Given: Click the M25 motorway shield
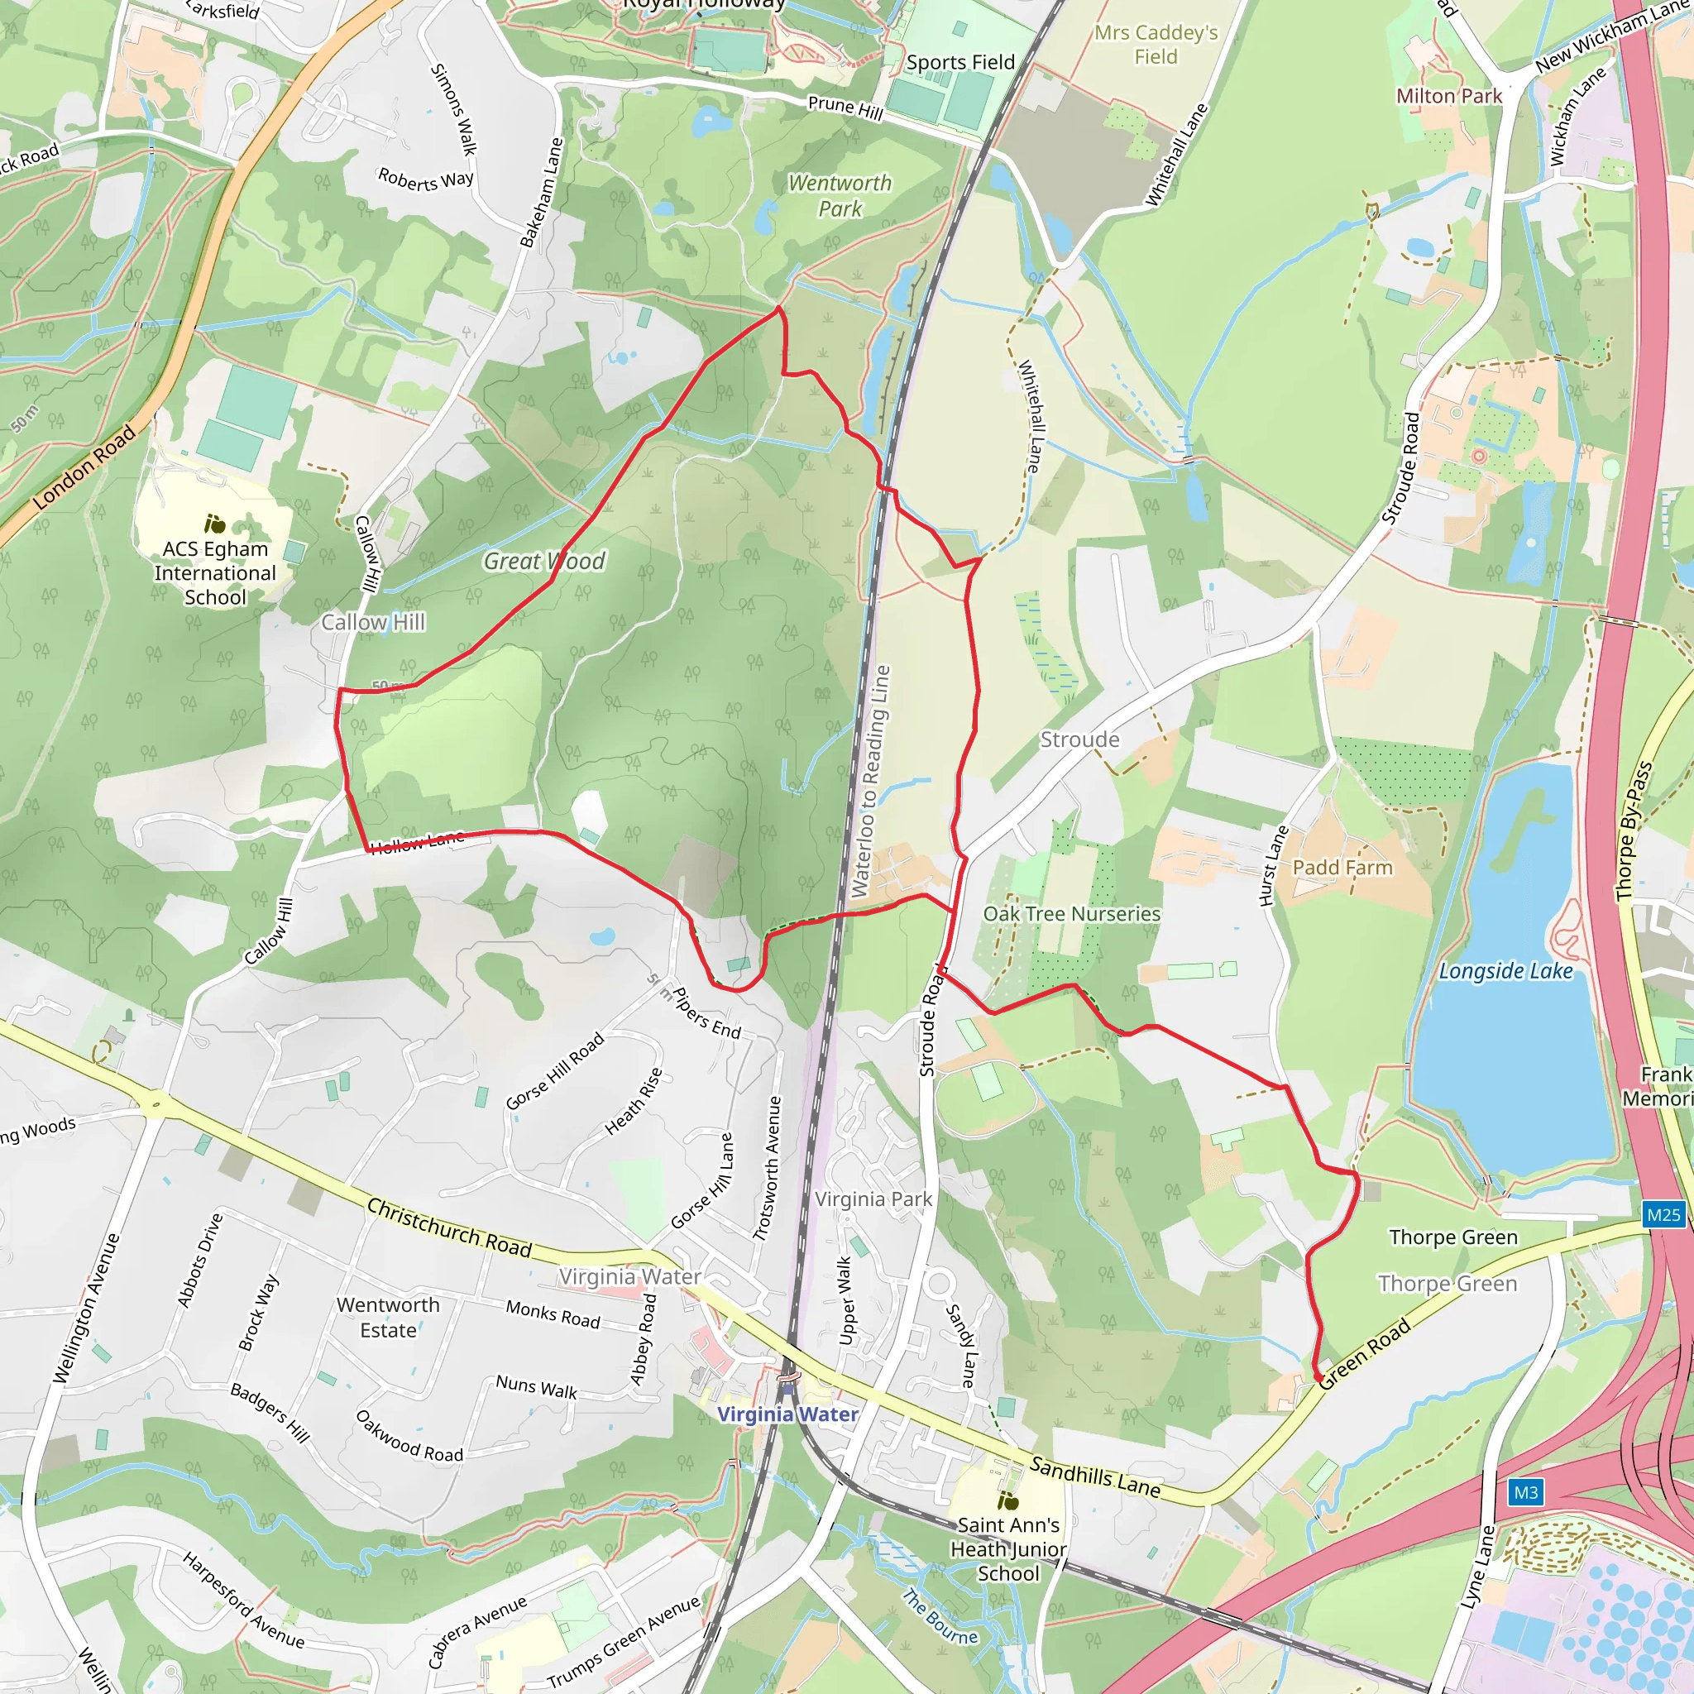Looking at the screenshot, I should [x=1663, y=1214].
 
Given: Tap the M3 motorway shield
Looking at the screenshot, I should [x=1525, y=1492].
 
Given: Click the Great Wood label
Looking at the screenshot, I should [x=543, y=561].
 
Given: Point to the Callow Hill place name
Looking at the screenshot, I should [x=373, y=623].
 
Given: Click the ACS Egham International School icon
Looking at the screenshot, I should [x=215, y=524].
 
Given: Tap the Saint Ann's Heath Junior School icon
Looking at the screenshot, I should [x=1008, y=1501].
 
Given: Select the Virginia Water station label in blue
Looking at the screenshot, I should [x=787, y=1414].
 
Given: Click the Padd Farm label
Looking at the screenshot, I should [x=1342, y=868].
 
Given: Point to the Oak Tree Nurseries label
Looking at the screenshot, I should [x=1071, y=914].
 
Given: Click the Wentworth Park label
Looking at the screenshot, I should [x=840, y=195].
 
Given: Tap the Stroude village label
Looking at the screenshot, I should [x=1079, y=739].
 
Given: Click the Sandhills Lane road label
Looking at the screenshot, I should [x=1094, y=1476].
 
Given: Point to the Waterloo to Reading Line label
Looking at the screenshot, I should [x=872, y=780].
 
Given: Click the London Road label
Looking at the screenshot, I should [x=85, y=467].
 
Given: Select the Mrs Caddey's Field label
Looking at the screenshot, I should [x=1156, y=45].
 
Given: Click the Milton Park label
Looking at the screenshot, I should [x=1448, y=97].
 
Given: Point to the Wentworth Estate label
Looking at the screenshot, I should [x=389, y=1317].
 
